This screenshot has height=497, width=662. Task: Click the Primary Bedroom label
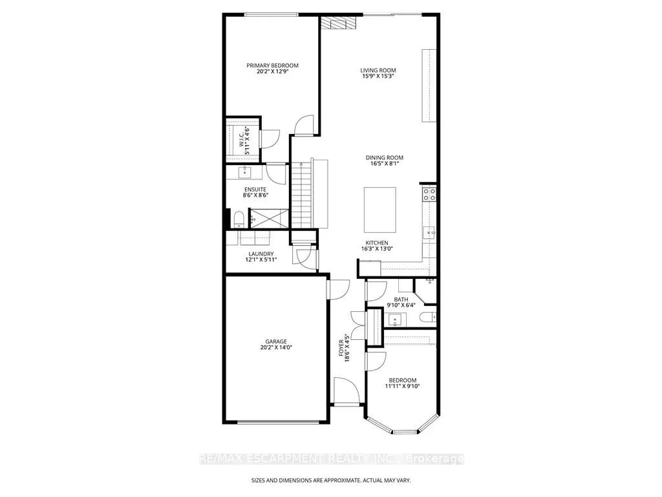pos(272,65)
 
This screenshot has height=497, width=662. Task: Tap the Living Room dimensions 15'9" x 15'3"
pos(378,76)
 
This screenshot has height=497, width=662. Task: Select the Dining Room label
pos(384,158)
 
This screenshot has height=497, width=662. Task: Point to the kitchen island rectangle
pos(380,210)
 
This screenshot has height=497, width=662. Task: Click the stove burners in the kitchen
pos(429,194)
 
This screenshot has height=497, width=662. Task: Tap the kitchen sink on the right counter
pos(429,232)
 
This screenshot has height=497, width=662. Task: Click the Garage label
pos(276,342)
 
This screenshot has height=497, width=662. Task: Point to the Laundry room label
pos(261,254)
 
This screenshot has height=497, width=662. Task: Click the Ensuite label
pos(255,190)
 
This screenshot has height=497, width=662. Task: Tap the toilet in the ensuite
pos(239,219)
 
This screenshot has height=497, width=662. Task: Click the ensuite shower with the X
pos(269,219)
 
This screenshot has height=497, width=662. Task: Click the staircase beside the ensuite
pos(301,195)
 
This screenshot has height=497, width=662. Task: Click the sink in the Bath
pos(395,320)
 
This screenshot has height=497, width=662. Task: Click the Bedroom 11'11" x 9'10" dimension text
pos(402,386)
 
